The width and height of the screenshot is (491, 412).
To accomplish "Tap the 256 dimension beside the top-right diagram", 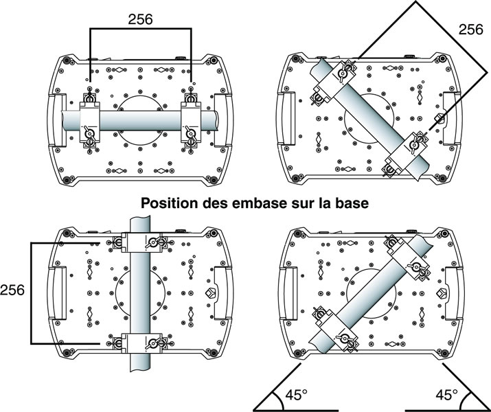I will click(x=470, y=30).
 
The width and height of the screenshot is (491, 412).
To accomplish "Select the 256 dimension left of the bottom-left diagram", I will click(x=14, y=290).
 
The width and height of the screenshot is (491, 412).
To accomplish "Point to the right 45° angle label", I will click(x=447, y=396).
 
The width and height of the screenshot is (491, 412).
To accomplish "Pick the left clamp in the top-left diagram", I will click(x=90, y=121).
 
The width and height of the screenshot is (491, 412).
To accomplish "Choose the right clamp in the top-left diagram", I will click(x=190, y=121).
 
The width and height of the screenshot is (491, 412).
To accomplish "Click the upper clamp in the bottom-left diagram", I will click(x=141, y=242).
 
